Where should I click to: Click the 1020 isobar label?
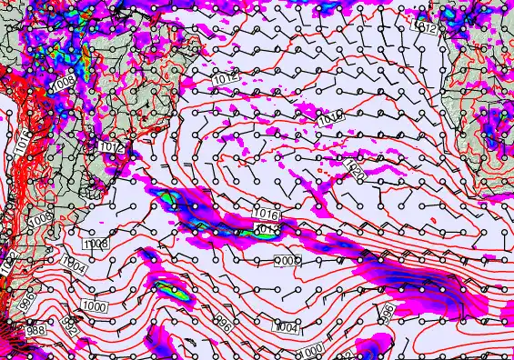[357, 171]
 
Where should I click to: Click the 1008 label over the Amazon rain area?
[63, 82]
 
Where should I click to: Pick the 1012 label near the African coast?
[424, 28]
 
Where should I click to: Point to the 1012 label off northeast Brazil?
[227, 81]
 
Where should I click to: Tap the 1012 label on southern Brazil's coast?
[111, 146]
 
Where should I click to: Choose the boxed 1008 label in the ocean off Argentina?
[96, 244]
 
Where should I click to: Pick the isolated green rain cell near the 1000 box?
[169, 289]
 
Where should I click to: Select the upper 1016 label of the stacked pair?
[267, 214]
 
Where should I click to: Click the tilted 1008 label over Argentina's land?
[39, 220]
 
